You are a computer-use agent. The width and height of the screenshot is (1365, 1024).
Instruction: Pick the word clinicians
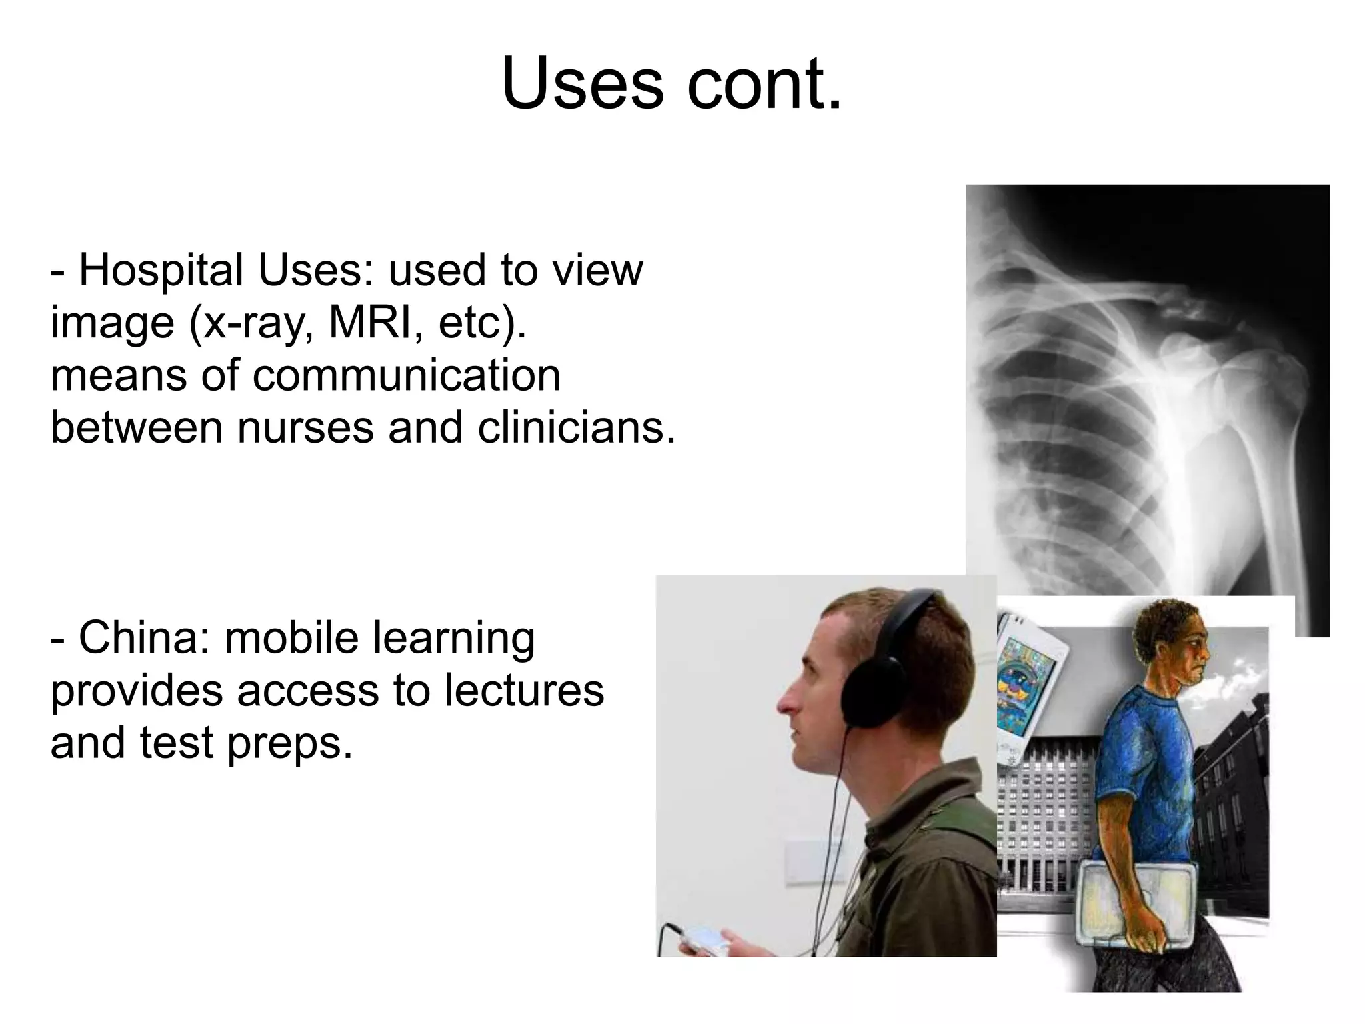(575, 427)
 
